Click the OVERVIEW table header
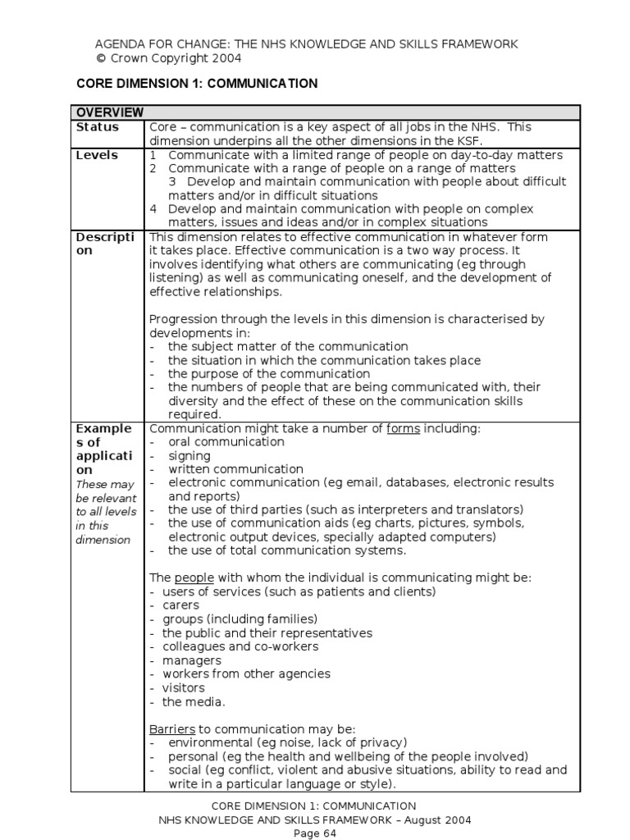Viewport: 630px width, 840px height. point(110,112)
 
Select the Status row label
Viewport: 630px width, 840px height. point(97,127)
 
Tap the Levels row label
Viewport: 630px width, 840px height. point(96,155)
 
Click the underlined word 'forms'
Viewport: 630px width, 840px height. point(403,428)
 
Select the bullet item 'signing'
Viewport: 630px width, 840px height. point(189,455)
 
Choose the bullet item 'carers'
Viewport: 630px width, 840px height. point(180,605)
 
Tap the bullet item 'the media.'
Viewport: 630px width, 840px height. point(193,701)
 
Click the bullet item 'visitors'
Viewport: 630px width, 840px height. point(183,687)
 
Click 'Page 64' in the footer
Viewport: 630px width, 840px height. point(315,833)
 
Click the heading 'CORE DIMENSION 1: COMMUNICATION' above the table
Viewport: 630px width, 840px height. point(197,84)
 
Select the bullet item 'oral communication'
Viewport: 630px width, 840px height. point(226,441)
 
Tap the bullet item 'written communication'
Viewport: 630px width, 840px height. point(235,469)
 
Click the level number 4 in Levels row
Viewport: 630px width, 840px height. point(153,209)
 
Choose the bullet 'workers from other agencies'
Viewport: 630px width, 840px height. point(246,673)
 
